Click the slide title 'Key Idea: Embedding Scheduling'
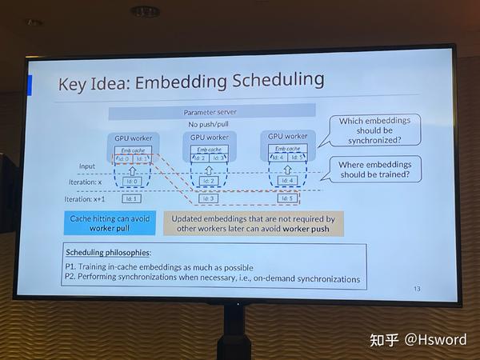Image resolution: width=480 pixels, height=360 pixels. (191, 81)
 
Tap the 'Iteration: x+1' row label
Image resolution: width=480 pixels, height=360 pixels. (85, 198)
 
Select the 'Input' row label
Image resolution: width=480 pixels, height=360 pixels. (87, 166)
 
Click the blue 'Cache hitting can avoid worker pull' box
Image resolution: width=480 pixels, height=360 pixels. (110, 222)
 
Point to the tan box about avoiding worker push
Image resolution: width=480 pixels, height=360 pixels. (253, 222)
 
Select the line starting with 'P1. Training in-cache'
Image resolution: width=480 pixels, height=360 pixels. (159, 266)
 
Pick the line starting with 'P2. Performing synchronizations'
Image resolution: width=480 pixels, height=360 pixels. (212, 278)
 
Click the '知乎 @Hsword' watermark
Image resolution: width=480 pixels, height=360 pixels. (418, 339)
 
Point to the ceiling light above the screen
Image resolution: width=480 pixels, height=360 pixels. (145, 10)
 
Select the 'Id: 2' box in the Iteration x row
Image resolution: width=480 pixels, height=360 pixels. (210, 180)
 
